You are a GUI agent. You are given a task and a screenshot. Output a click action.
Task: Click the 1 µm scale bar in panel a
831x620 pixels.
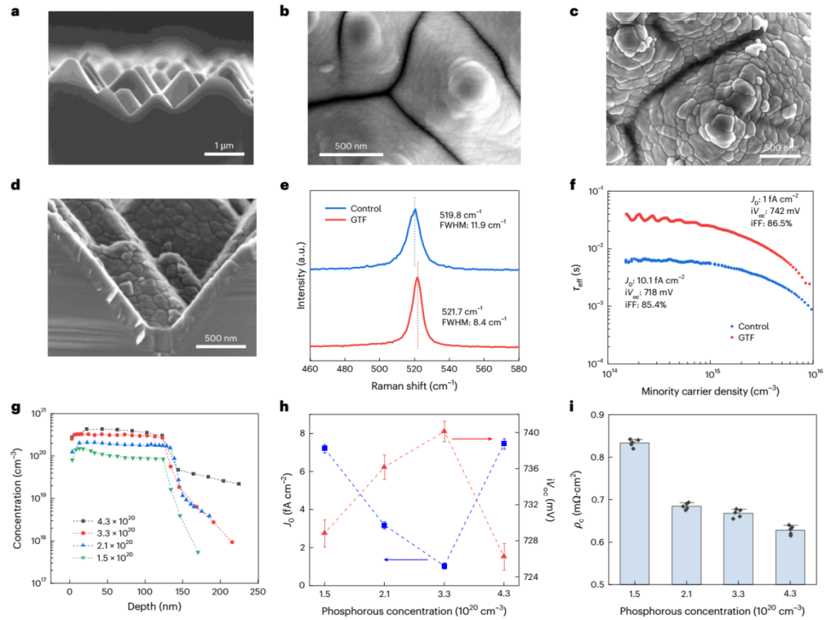(x=224, y=155)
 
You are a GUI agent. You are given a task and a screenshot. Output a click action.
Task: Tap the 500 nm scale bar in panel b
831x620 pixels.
(x=351, y=155)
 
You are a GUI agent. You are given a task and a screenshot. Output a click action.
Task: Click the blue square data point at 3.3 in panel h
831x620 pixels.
(x=444, y=566)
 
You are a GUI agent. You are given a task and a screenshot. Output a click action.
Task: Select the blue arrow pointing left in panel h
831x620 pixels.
(x=406, y=560)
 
